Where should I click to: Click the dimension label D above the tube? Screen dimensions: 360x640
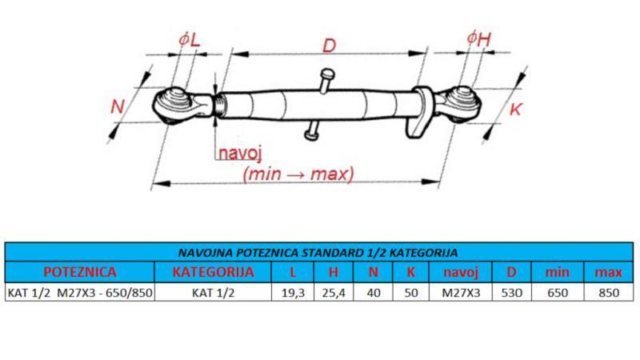[328, 46]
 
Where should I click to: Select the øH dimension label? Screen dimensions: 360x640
[477, 39]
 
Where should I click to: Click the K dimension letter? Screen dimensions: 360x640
[515, 110]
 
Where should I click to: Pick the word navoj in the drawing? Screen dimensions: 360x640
[242, 154]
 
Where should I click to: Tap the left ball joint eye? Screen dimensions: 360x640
[171, 105]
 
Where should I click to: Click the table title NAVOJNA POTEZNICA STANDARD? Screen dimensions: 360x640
[319, 253]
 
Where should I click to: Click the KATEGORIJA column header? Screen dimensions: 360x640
[214, 272]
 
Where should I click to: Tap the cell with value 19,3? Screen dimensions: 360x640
[294, 293]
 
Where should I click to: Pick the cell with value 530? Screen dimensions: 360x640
[511, 293]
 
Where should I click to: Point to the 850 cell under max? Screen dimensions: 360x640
[609, 293]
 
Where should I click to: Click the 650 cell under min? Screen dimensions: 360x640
[558, 293]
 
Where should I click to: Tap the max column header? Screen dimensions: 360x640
[609, 272]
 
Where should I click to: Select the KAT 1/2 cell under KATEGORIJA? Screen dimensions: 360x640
[214, 293]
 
